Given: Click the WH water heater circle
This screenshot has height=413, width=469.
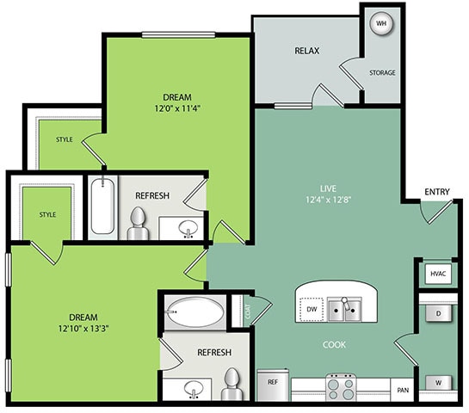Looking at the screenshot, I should coord(380,24).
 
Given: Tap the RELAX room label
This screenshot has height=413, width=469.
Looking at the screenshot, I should coord(307,51).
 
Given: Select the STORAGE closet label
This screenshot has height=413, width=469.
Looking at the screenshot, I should coord(382,73).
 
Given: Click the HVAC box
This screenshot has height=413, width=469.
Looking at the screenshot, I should coord(437,274).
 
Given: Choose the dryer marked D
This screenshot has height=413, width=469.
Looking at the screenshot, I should coord(438,314).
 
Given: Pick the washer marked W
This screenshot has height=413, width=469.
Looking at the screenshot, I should coord(438,381).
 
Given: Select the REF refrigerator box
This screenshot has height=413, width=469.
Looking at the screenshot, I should coord(273,381).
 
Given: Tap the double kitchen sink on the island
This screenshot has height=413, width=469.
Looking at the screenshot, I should coord(349,309).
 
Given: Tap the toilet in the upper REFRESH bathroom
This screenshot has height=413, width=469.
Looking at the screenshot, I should coord(137,224).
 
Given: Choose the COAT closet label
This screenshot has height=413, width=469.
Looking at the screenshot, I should coord(248,312).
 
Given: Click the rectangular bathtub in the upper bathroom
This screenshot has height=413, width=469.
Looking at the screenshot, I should coord(101,206).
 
